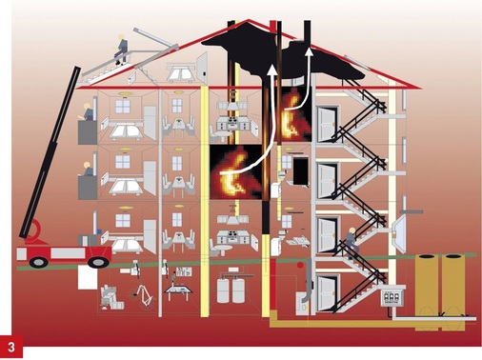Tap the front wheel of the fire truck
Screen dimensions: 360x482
click(x=100, y=260)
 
